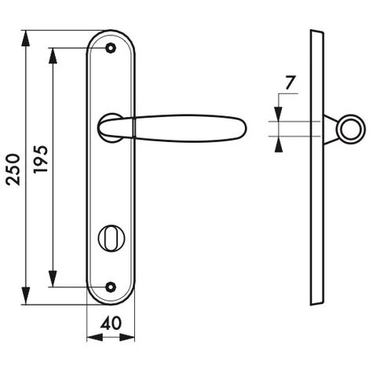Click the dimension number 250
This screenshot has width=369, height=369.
pos(13,170)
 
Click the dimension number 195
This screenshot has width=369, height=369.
pos(41,159)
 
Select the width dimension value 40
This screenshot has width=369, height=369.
pos(111,323)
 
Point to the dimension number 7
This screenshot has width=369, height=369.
pos(290,82)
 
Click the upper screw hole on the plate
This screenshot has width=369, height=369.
pos(111,48)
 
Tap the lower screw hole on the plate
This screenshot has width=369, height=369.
pos(111,287)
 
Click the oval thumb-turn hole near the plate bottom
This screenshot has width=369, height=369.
pos(111,238)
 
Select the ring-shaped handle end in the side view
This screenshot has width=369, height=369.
pos(351,129)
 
